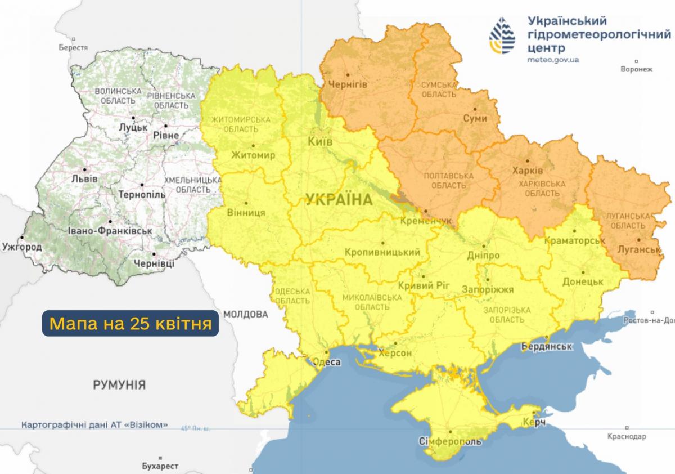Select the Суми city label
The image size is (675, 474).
[475, 118]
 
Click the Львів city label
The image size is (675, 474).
[85, 178]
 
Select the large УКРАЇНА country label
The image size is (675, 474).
[339, 199]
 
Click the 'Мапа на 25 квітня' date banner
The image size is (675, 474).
[130, 323]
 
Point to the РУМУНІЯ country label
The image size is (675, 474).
[119, 385]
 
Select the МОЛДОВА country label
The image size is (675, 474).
[245, 314]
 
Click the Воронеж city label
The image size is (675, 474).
[636, 70]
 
